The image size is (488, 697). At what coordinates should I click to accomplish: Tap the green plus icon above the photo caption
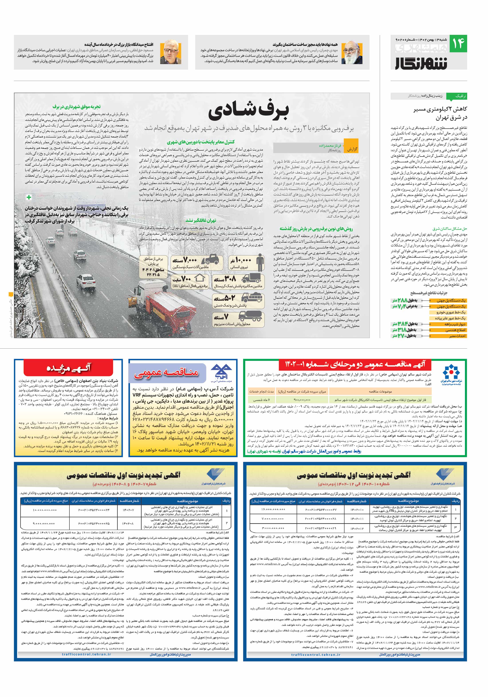pos(29,197)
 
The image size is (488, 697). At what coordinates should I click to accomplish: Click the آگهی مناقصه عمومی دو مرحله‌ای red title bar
pos(355,364)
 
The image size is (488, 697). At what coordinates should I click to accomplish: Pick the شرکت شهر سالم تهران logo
pos(451,375)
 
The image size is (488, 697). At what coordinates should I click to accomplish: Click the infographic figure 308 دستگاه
pos(225,279)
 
